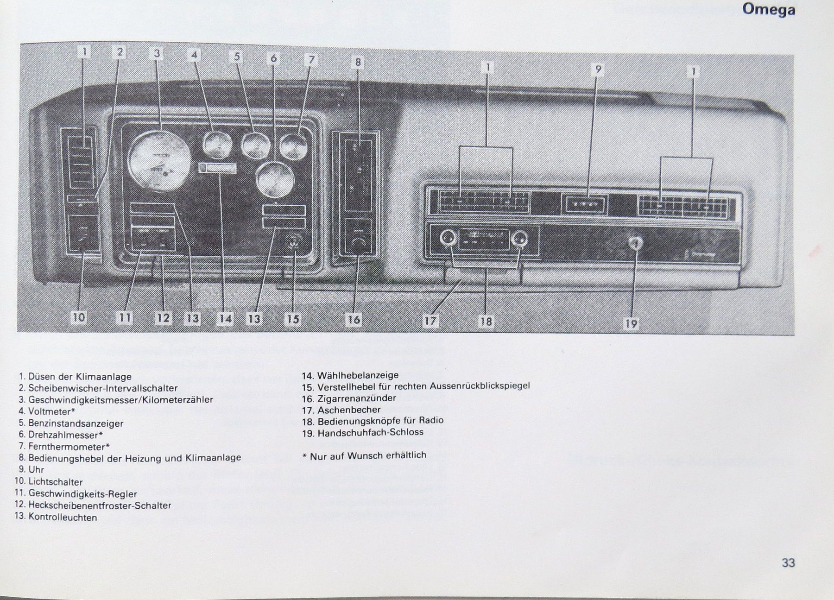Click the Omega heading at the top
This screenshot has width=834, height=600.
tap(768, 10)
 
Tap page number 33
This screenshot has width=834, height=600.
tap(788, 562)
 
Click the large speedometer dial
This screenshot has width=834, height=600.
tap(159, 159)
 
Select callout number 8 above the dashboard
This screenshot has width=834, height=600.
tap(358, 62)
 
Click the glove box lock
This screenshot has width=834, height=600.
tap(636, 242)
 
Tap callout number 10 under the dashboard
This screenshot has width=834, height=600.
tap(79, 317)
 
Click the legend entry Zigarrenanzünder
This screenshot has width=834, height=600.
tap(356, 398)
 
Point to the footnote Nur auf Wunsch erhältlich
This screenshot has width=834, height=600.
tap(368, 455)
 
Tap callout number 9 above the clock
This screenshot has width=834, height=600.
tap(598, 69)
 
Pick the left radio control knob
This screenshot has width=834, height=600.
tap(447, 239)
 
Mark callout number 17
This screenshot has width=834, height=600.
tap(430, 320)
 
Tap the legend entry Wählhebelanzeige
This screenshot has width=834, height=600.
tap(358, 375)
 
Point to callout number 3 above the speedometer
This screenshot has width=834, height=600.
tap(157, 53)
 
